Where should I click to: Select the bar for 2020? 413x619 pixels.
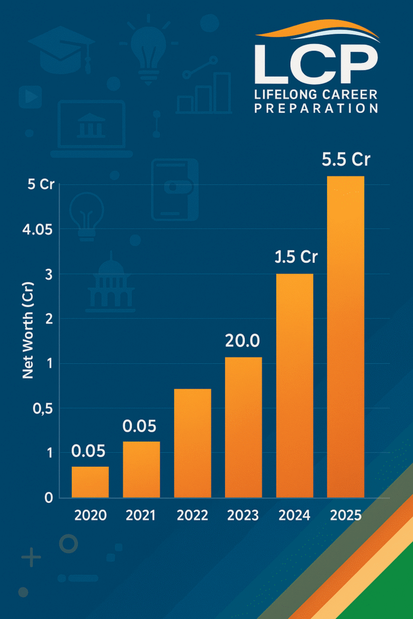[90, 482]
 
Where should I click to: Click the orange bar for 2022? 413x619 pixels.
[192, 443]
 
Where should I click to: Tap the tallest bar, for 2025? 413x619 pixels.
[346, 337]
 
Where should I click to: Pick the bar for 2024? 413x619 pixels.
[294, 386]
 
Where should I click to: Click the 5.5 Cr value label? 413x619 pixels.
[346, 160]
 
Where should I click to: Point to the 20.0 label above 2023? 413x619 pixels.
[242, 341]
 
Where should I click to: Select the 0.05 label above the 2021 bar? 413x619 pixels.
[140, 426]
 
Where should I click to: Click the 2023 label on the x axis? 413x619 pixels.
[243, 516]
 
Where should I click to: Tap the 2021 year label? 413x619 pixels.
[141, 516]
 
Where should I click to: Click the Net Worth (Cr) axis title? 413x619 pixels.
[28, 338]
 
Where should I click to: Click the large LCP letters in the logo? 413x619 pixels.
[316, 65]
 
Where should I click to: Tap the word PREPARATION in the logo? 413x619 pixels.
[316, 109]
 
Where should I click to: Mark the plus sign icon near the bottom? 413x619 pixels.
[30, 558]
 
